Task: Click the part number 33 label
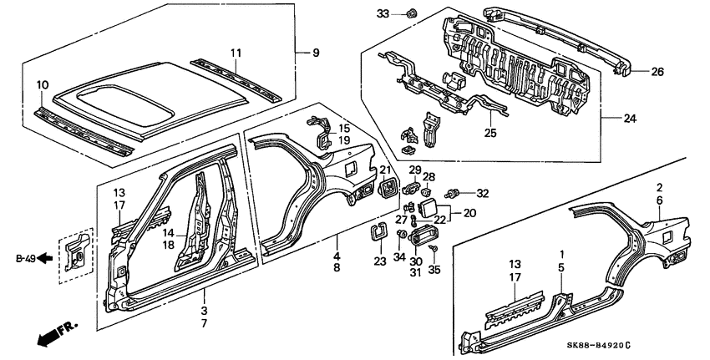pyautogui.click(x=383, y=13)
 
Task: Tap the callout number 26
pyautogui.click(x=657, y=72)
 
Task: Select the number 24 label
pyautogui.click(x=629, y=119)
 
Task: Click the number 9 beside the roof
pyautogui.click(x=316, y=53)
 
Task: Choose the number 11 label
pyautogui.click(x=236, y=53)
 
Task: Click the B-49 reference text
pyautogui.click(x=25, y=259)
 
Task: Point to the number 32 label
pyautogui.click(x=483, y=194)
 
